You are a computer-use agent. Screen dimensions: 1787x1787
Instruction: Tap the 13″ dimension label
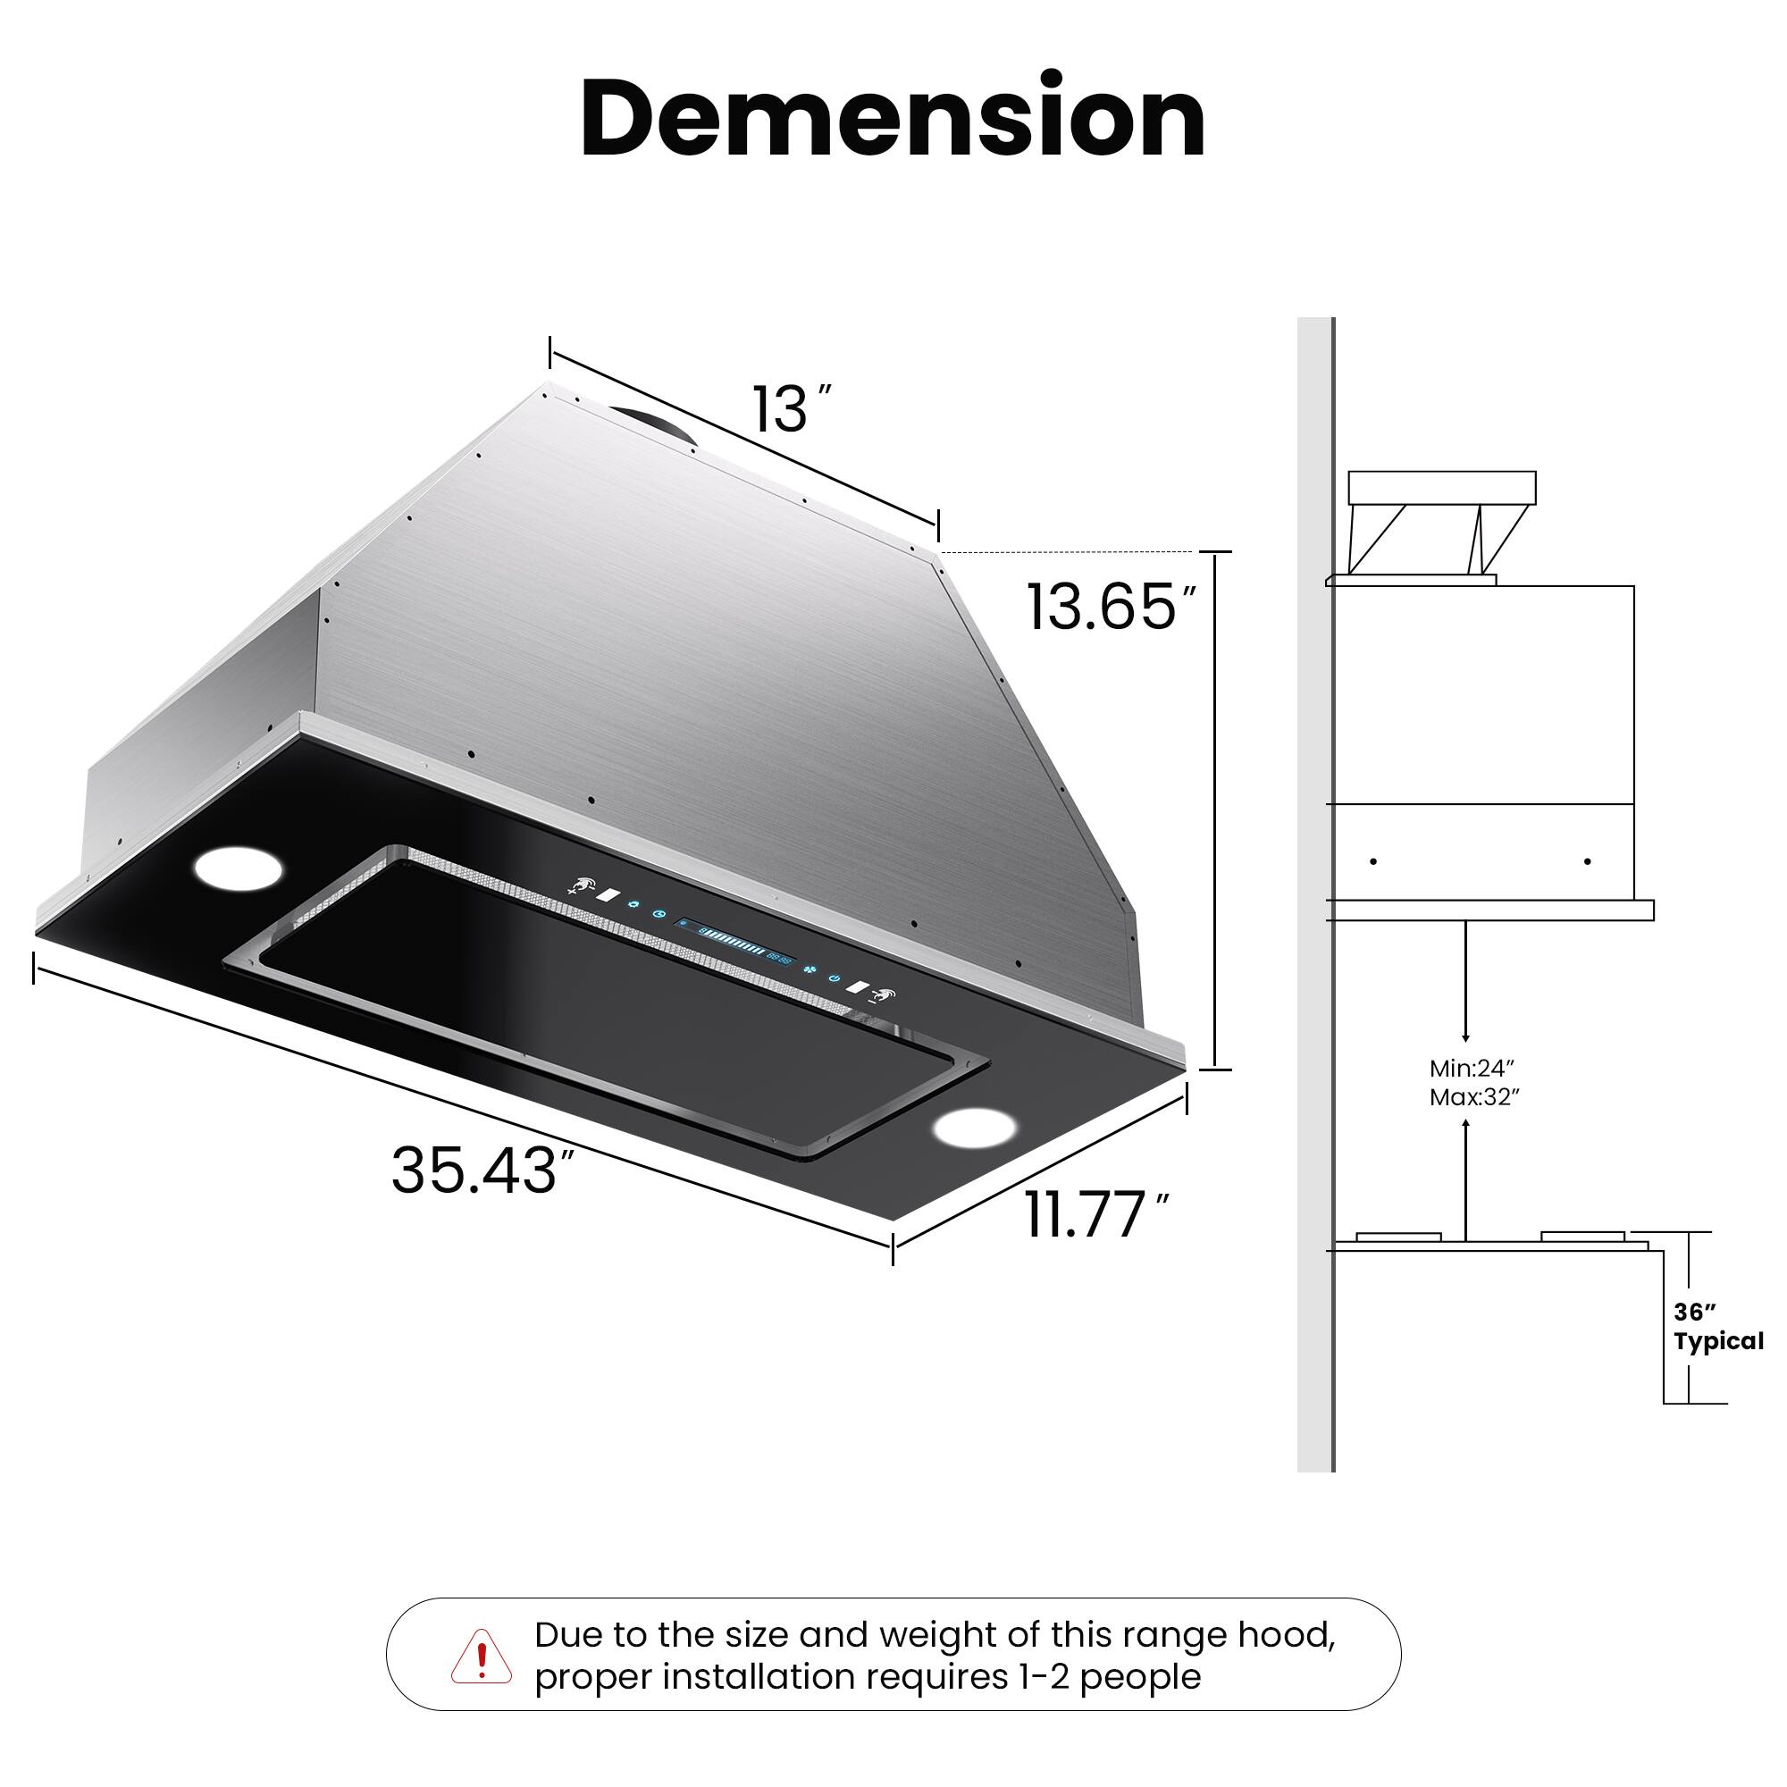pyautogui.click(x=791, y=409)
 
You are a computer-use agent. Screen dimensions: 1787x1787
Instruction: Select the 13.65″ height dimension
pyautogui.click(x=1110, y=608)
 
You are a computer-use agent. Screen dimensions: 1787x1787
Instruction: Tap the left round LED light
pyautogui.click(x=238, y=868)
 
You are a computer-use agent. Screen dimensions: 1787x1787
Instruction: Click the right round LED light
pyautogui.click(x=974, y=1128)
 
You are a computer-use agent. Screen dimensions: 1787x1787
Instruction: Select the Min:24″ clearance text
pyautogui.click(x=1472, y=1069)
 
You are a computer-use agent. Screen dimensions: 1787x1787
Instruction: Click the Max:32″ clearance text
pyautogui.click(x=1474, y=1098)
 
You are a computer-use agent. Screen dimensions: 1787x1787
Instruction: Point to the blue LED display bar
pyautogui.click(x=735, y=943)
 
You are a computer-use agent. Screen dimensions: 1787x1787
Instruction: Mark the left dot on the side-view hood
pyautogui.click(x=1373, y=861)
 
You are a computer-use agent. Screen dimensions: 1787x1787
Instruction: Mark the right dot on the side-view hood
pyautogui.click(x=1587, y=861)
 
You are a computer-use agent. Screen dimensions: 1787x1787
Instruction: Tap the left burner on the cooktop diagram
pyautogui.click(x=1398, y=1237)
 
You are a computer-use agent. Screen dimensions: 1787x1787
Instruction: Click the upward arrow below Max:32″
pyautogui.click(x=1465, y=1175)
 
